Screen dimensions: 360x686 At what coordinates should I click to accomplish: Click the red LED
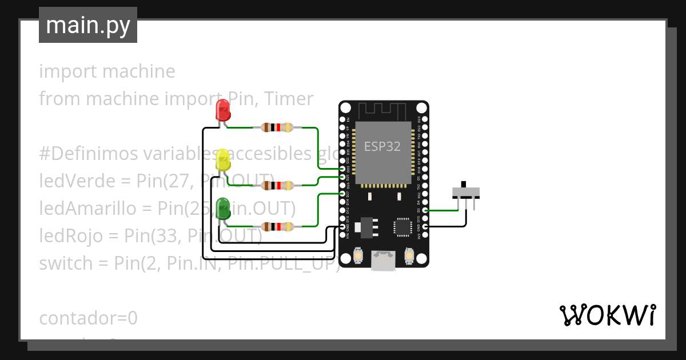tap(222, 110)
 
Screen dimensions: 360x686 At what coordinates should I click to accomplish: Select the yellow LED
tap(222, 159)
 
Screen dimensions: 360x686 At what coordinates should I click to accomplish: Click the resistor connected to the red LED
tap(277, 127)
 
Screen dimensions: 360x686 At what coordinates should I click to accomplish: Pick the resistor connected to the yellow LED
tap(277, 185)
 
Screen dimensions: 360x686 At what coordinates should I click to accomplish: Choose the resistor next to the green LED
tap(277, 227)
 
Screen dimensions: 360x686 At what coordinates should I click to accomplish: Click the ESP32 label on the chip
tap(382, 146)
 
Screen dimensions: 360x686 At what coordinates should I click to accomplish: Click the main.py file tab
tap(88, 25)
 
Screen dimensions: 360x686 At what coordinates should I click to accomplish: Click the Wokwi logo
tap(607, 315)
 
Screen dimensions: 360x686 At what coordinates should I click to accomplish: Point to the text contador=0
tap(89, 318)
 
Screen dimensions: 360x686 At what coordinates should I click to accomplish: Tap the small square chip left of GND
tap(402, 227)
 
